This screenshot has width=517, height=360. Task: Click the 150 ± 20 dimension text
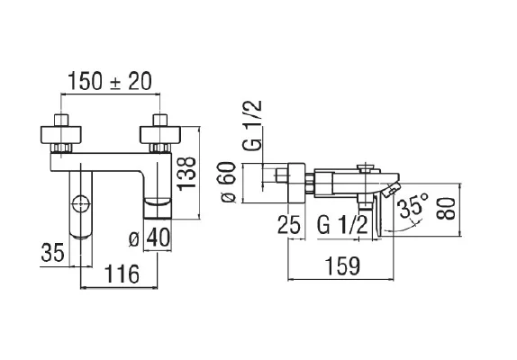tap(109, 80)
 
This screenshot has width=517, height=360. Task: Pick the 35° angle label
tap(413, 208)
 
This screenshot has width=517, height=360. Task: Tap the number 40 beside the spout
tap(159, 239)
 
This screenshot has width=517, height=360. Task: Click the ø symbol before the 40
tap(134, 239)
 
